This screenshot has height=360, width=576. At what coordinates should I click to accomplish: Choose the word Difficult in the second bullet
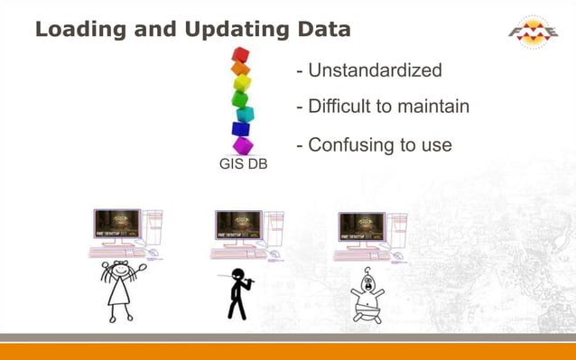tap(339, 106)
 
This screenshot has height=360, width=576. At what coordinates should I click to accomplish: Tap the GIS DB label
tap(243, 164)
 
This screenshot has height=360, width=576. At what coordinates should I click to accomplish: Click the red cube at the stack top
tap(240, 54)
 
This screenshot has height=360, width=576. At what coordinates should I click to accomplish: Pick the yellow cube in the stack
tap(242, 83)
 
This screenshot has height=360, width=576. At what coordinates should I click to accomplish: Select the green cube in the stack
tap(239, 98)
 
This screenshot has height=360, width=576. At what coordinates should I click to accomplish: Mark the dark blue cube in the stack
tap(240, 129)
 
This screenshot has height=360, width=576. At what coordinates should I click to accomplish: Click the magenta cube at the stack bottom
tap(243, 145)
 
